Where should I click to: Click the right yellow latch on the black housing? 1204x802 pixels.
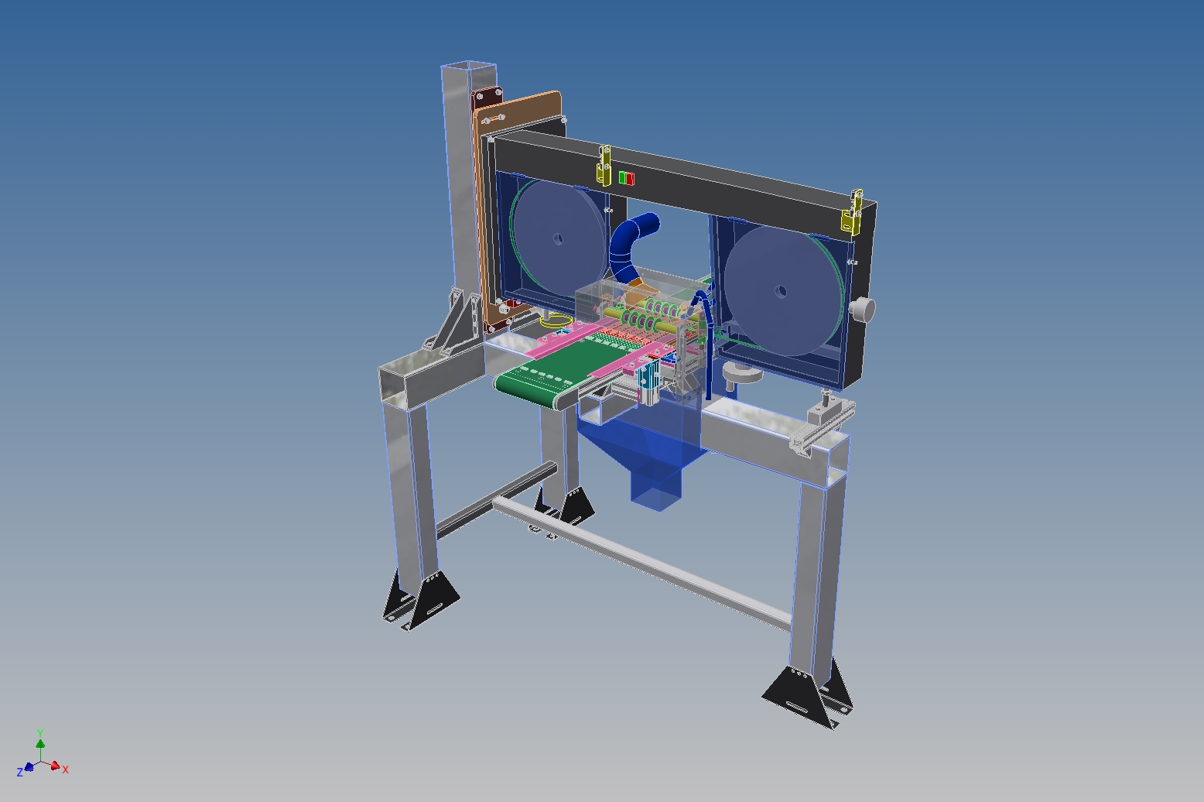[853, 211]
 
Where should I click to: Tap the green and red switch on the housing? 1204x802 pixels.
[627, 179]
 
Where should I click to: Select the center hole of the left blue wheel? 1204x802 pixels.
[558, 239]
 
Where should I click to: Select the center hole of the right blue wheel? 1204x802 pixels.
[780, 292]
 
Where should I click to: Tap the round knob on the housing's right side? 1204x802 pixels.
[862, 310]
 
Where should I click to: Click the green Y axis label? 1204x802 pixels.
[40, 732]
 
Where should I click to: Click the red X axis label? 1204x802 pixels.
[66, 769]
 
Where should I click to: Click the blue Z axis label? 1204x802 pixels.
[20, 773]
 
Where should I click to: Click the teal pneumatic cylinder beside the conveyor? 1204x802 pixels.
[647, 382]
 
